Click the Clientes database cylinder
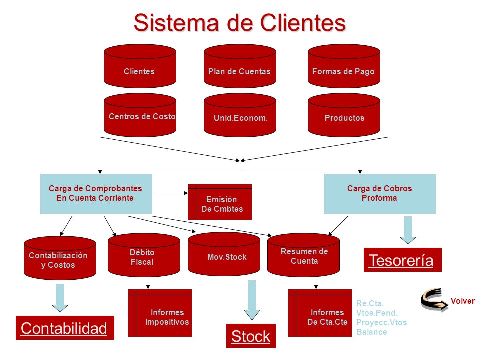coord(140,66)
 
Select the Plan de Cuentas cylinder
coord(240,66)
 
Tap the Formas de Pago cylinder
coord(344,66)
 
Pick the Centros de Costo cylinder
coord(140,115)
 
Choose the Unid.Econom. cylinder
coord(240,115)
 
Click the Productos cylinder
coord(344,115)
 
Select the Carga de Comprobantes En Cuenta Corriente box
coord(96,194)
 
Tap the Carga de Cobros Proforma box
coord(380,194)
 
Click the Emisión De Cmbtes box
coord(220,202)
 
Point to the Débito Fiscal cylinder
coord(144,255)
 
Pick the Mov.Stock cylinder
coord(224,254)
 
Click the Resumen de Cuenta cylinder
coord(303,255)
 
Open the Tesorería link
coord(403,260)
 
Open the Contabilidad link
coord(65,328)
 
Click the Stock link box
coord(251,336)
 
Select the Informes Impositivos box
coord(160,313)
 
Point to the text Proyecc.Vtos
coord(381,322)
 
